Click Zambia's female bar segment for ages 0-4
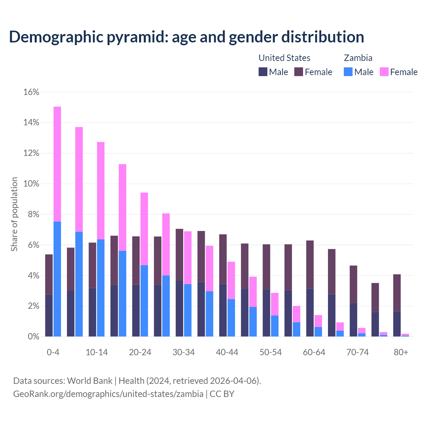57,164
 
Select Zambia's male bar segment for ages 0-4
57,279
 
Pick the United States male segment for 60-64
310,312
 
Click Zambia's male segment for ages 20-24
144,301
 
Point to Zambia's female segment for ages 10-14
101,191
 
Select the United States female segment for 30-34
179,255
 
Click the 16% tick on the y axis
31,92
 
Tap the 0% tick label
33,337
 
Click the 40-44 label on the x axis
227,353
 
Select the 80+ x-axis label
401,353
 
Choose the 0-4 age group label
53,353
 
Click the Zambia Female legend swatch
384,72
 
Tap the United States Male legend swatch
263,72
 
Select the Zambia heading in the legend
358,58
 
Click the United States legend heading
284,58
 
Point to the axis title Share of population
14,214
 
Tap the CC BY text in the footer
222,394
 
